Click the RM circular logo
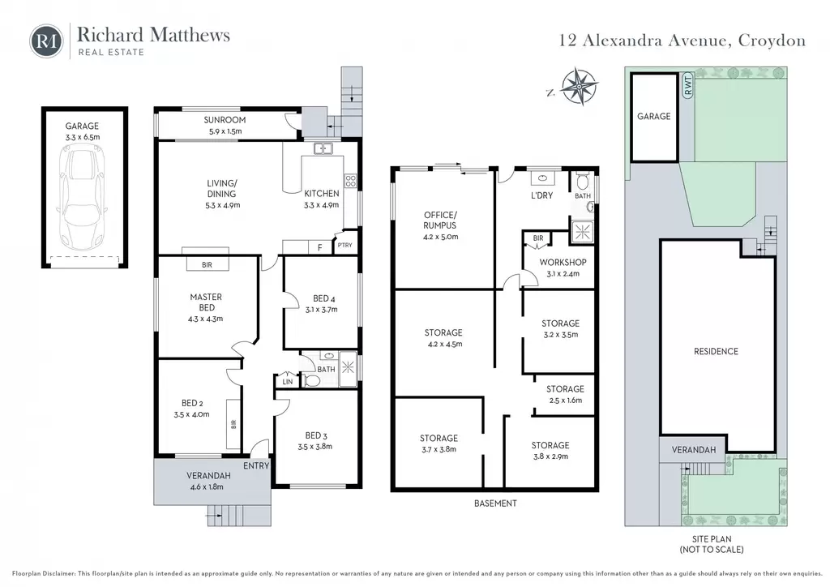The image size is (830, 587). (46, 41)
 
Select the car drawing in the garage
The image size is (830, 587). (82, 199)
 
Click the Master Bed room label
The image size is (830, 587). (206, 302)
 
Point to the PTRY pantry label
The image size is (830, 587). (344, 245)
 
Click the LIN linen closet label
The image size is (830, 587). (288, 382)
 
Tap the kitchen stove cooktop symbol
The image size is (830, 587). (350, 181)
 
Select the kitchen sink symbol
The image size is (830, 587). (323, 148)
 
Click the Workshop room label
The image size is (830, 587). (563, 262)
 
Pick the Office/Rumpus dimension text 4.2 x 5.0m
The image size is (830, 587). (440, 237)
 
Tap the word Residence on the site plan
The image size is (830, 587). (716, 351)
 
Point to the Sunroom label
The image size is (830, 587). (225, 120)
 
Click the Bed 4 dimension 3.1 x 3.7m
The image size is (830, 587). (321, 310)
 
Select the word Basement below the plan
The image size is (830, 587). (495, 503)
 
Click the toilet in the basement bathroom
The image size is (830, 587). (582, 181)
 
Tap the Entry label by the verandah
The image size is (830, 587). (256, 465)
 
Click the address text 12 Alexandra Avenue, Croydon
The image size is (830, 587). (682, 41)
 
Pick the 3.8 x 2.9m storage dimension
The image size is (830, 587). (550, 456)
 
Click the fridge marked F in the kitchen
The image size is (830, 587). (319, 247)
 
